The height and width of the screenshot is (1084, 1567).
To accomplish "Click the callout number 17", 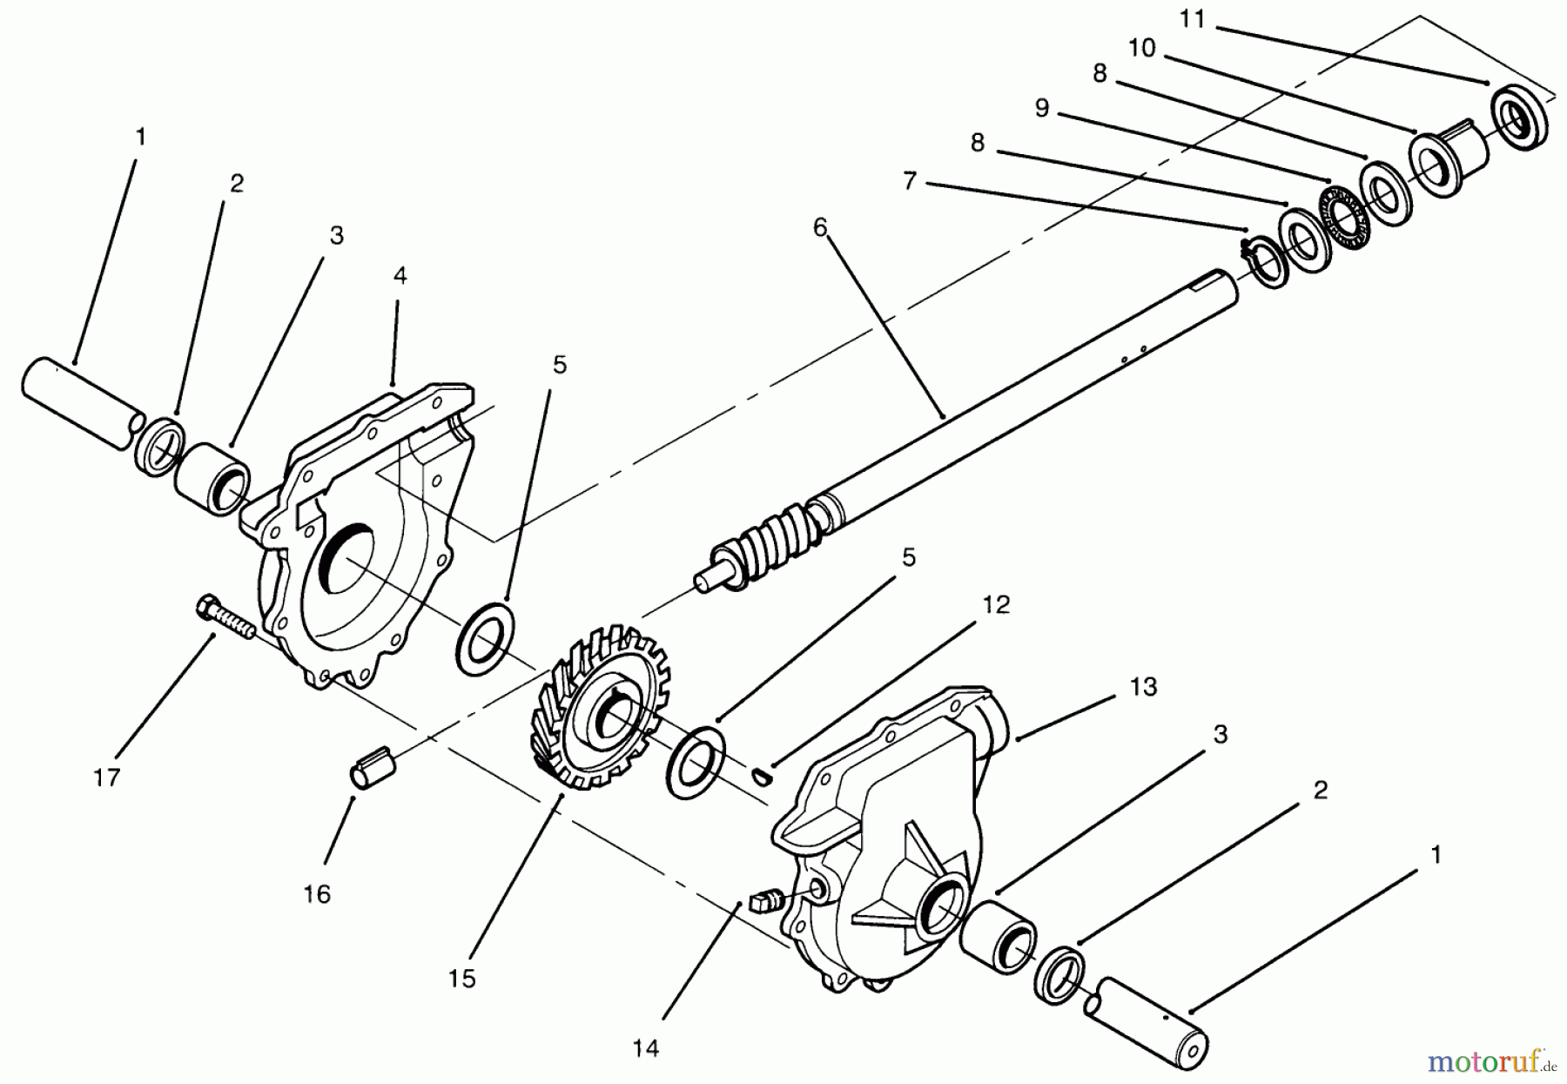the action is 106,778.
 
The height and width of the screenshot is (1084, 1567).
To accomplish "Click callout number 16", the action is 318,893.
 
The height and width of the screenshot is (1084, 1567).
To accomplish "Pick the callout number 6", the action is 819,227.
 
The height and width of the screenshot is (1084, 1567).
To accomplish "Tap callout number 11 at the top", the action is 1192,18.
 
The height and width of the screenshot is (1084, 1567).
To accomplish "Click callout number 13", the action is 1143,687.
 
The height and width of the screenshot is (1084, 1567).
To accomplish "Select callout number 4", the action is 400,275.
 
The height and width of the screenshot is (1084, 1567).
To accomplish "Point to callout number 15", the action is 462,979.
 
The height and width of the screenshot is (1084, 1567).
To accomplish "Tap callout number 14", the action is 646,1049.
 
